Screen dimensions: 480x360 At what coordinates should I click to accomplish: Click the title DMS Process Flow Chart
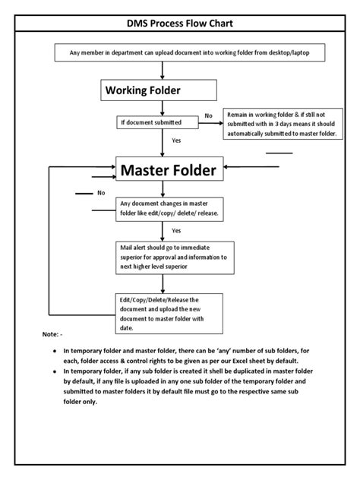[x=180, y=24]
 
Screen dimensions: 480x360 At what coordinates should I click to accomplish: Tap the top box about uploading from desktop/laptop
[x=179, y=52]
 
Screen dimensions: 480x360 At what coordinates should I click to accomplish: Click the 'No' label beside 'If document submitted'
[x=208, y=115]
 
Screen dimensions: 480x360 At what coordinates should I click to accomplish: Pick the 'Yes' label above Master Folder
[x=176, y=141]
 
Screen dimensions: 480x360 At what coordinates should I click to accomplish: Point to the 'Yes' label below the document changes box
[x=176, y=230]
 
